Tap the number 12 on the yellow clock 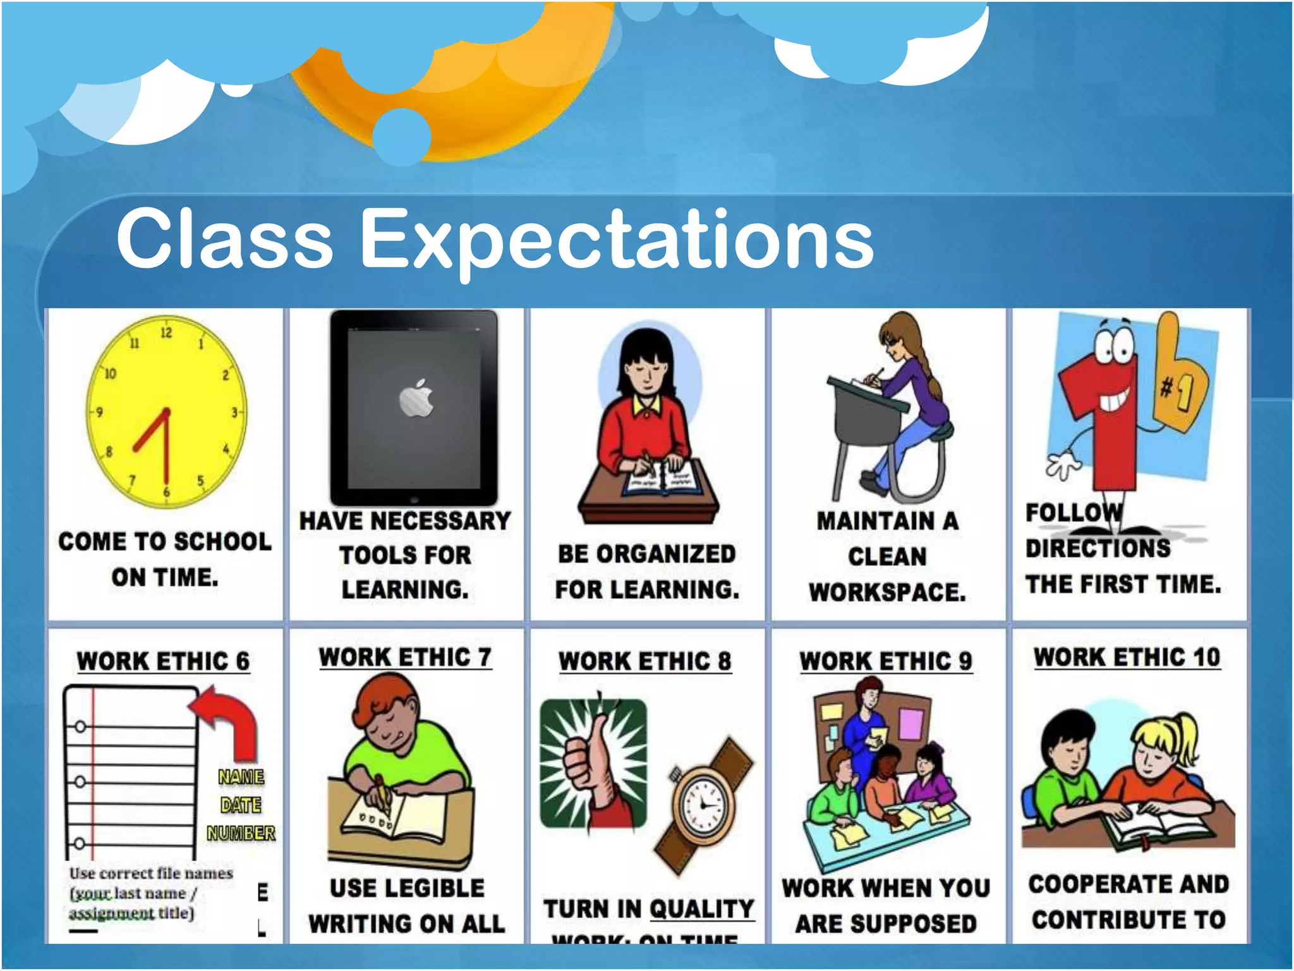point(166,333)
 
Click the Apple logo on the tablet point(416,399)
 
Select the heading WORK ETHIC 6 point(163,661)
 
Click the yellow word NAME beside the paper point(241,777)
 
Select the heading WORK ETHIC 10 point(1127,657)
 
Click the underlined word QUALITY point(701,909)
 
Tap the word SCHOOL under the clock point(222,542)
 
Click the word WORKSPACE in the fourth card point(887,592)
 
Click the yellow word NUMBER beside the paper point(241,833)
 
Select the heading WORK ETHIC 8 point(644,661)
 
